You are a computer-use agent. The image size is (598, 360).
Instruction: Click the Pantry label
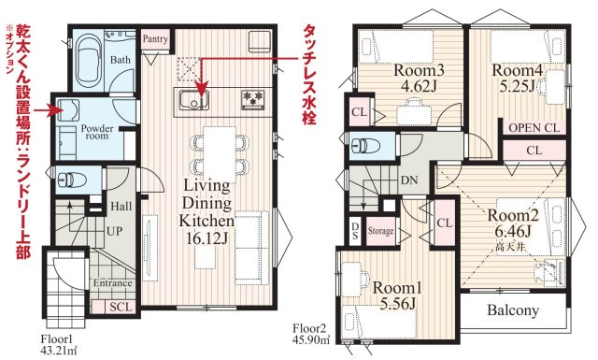(x=154, y=40)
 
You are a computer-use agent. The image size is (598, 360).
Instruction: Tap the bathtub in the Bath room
(x=91, y=58)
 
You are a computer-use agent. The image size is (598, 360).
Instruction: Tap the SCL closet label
(x=121, y=306)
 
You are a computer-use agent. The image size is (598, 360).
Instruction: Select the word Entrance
(x=113, y=282)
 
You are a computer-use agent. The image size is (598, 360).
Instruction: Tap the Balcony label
(x=510, y=311)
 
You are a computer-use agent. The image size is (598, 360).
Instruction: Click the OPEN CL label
(x=535, y=127)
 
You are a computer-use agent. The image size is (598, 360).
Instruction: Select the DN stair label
(x=408, y=179)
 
